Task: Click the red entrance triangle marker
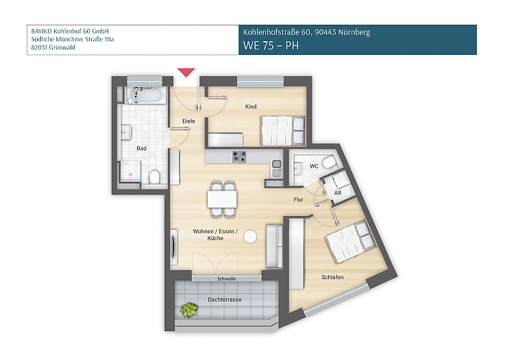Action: pos(186,72)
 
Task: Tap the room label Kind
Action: pos(251,107)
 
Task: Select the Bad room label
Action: pos(141,148)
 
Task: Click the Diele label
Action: pos(188,121)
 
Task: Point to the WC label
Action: pos(314,166)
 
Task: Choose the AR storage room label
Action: pos(337,193)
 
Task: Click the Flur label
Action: pos(299,200)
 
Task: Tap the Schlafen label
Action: pos(332,276)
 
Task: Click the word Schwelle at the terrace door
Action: pos(226,279)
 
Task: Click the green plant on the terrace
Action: pos(188,311)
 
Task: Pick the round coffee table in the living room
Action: pos(251,236)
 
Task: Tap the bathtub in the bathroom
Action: pos(146,94)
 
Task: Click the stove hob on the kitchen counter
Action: pos(238,156)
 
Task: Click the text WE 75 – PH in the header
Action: pos(271,46)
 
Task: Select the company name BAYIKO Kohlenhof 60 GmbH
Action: pos(70,31)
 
